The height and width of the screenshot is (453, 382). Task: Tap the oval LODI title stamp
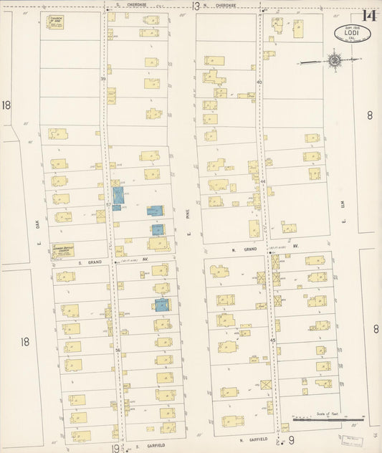click(x=348, y=33)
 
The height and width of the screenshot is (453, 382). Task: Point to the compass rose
click(x=335, y=60)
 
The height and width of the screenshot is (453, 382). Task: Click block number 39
click(x=103, y=77)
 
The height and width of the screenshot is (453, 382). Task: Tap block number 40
click(x=259, y=82)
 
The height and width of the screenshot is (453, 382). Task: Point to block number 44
click(x=263, y=182)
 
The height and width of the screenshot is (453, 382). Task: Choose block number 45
click(x=272, y=340)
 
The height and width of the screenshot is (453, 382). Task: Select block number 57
click(x=108, y=204)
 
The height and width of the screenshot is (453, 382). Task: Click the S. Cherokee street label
click(x=135, y=4)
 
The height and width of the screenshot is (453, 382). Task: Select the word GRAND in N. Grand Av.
click(x=249, y=249)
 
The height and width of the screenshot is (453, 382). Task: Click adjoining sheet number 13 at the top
click(x=196, y=6)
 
